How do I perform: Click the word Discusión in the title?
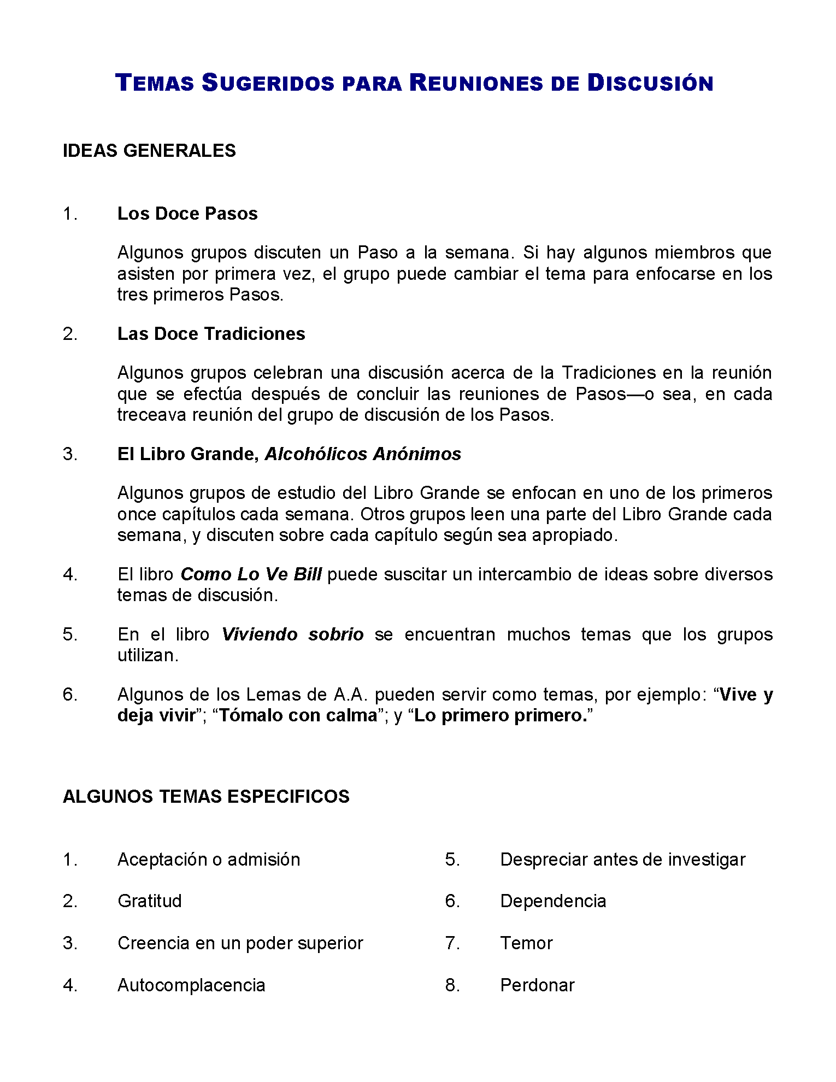(x=650, y=83)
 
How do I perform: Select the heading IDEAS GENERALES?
(x=149, y=151)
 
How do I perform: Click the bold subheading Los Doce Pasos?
(x=187, y=214)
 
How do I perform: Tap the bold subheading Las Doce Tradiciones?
(x=211, y=334)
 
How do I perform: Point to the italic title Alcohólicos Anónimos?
(x=363, y=454)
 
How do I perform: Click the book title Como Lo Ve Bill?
(x=251, y=574)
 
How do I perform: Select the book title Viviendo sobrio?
(x=292, y=634)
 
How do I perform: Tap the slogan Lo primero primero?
(x=501, y=715)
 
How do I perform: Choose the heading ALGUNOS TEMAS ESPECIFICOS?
(x=206, y=797)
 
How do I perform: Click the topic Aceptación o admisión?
(x=209, y=860)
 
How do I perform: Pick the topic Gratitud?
(x=150, y=901)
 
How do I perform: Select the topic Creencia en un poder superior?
(x=240, y=943)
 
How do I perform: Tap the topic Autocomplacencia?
(x=191, y=985)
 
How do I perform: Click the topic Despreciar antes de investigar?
(x=622, y=860)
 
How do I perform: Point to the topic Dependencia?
(x=553, y=901)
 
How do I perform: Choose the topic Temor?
(x=526, y=943)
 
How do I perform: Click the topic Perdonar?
(x=537, y=985)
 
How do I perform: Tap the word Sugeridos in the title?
(x=268, y=83)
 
